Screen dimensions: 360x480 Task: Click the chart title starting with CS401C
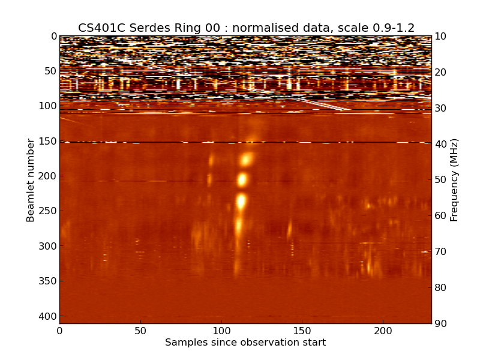(x=246, y=28)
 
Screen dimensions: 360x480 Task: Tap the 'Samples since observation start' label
(x=245, y=343)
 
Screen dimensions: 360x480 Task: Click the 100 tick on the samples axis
(x=221, y=331)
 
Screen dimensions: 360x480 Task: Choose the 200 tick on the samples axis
(x=383, y=331)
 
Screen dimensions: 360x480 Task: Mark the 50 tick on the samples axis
(x=140, y=331)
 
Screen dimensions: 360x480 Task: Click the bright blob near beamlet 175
(x=246, y=160)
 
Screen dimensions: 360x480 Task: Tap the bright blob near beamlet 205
(x=242, y=179)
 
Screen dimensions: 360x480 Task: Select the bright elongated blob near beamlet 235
(x=241, y=201)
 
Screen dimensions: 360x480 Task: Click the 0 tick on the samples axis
(x=59, y=331)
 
